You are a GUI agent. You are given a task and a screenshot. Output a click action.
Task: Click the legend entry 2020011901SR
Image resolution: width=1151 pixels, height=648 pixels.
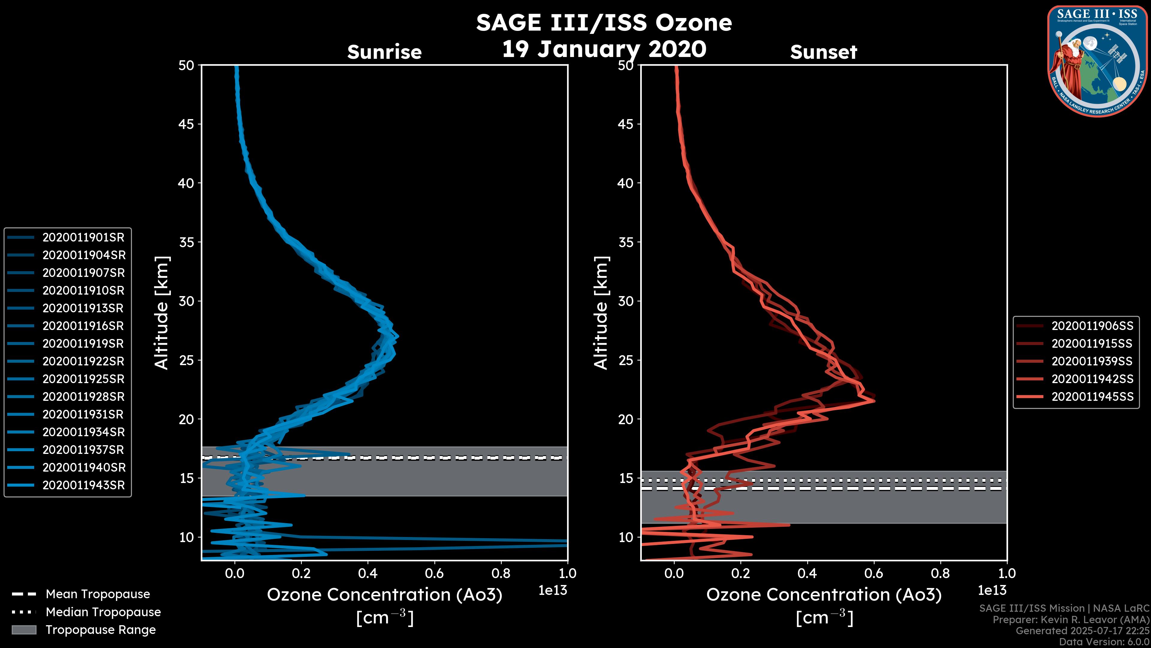tap(83, 238)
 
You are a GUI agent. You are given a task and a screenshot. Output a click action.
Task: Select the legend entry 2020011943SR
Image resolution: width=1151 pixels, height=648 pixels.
tap(83, 485)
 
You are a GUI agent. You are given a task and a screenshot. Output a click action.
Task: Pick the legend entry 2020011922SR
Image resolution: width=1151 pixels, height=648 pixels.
tap(83, 361)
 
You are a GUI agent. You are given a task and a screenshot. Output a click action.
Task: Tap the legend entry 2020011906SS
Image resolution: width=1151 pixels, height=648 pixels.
tap(1092, 326)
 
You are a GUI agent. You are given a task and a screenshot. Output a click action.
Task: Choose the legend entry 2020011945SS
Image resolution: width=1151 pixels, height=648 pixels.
tap(1092, 397)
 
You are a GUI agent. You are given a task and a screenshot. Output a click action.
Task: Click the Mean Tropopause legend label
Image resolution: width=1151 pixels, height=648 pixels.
tap(98, 594)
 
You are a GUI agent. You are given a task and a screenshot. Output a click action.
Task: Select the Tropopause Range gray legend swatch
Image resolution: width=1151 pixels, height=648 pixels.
tap(24, 630)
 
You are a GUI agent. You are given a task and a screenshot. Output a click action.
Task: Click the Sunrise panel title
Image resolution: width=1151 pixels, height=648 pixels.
tap(384, 52)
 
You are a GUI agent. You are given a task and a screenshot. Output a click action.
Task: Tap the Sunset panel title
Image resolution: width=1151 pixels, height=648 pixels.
tap(823, 52)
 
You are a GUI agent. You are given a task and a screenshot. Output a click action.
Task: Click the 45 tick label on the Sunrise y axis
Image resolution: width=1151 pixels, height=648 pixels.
tap(186, 124)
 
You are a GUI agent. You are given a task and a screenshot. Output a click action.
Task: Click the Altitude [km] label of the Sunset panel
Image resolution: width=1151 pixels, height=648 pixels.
tap(601, 313)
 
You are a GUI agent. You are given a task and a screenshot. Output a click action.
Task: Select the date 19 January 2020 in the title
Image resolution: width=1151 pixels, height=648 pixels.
tap(604, 49)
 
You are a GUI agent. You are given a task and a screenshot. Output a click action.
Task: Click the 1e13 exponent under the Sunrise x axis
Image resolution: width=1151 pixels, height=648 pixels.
tap(553, 590)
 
